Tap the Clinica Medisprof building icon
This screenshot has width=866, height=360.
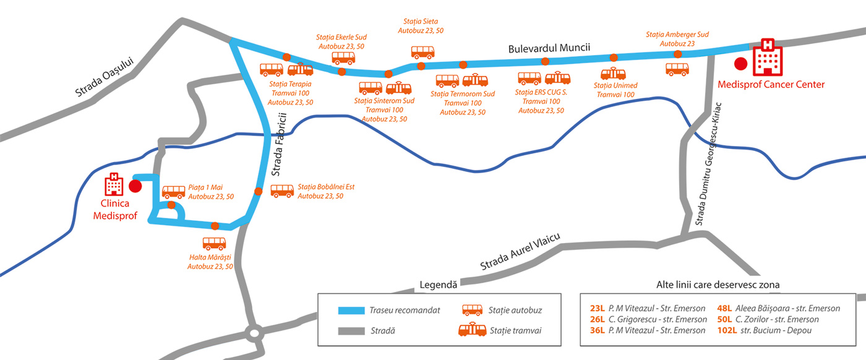(x=114, y=183)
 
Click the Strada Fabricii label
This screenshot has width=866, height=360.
(x=280, y=144)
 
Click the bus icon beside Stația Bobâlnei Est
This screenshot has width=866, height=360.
(x=282, y=191)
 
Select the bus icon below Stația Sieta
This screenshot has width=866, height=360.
(x=422, y=52)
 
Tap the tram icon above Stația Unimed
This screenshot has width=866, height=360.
(x=614, y=74)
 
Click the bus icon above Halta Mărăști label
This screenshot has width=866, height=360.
(x=214, y=243)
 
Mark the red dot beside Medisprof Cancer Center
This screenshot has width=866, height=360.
(x=740, y=62)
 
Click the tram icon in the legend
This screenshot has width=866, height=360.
(x=471, y=330)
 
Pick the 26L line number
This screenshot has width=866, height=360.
(x=597, y=319)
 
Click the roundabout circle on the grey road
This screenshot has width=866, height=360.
(x=254, y=333)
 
